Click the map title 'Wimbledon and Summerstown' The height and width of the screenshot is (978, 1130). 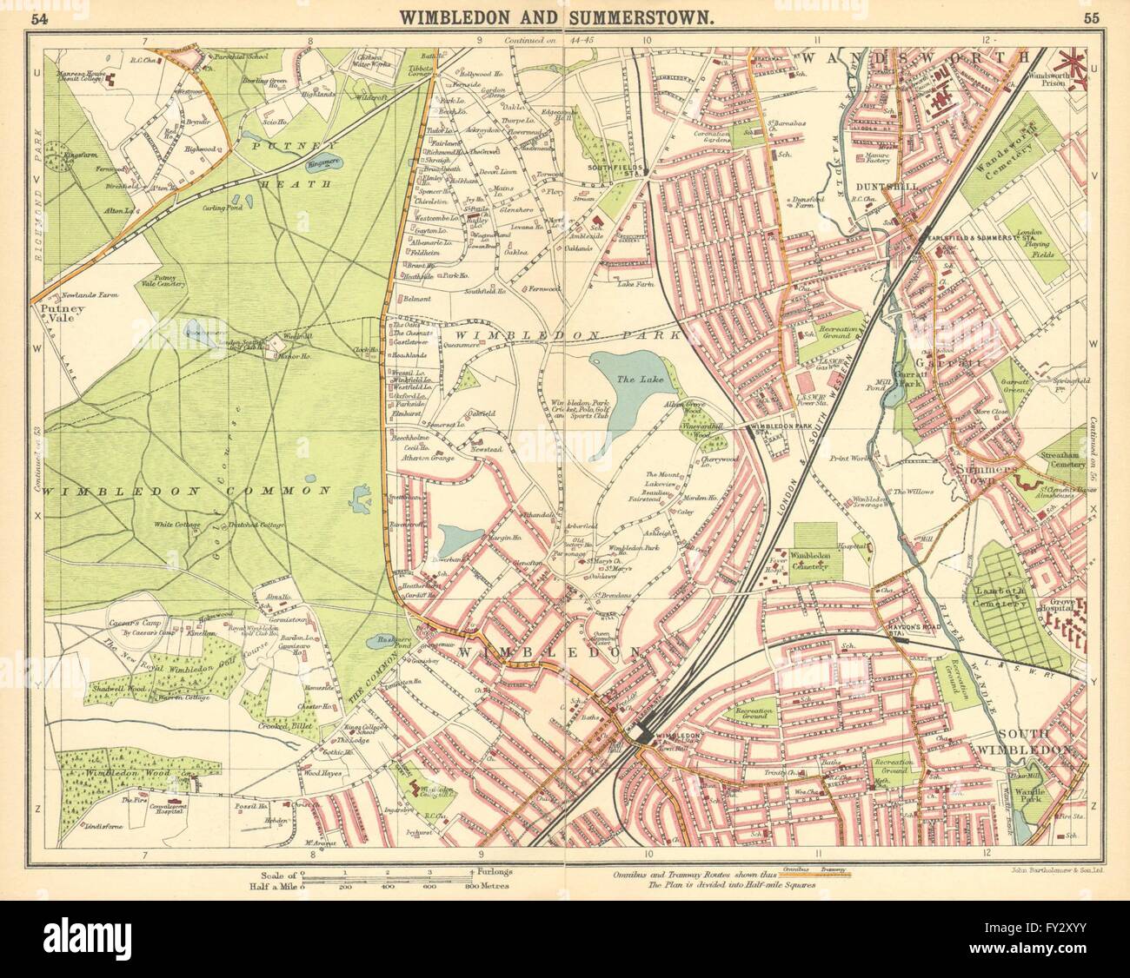click(564, 16)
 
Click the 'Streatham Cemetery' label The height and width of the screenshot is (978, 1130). click(1062, 459)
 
